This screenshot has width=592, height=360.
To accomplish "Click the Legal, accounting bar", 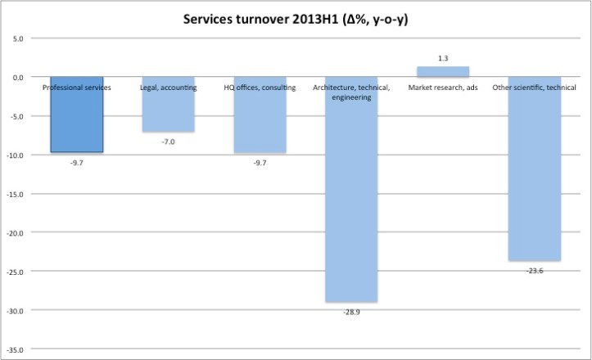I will point(168,110).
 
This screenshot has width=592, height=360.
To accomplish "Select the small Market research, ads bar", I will point(443,71).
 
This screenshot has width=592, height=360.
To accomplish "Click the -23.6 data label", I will point(535,271).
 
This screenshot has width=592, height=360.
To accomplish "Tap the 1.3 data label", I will point(443,57).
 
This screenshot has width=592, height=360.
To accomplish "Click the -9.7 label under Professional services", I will point(76,163).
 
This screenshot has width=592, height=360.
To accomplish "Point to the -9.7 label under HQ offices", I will point(260,163).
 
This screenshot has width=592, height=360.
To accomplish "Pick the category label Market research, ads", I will point(443,88).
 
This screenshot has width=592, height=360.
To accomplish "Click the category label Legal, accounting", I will point(168,88).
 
